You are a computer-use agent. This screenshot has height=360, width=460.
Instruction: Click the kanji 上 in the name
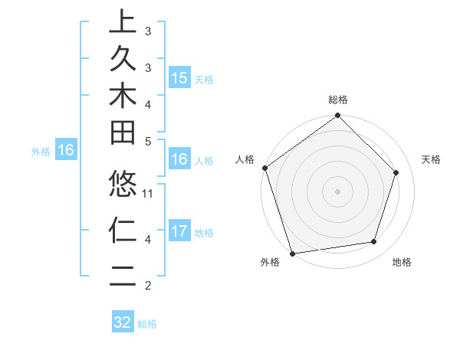coord(123,23)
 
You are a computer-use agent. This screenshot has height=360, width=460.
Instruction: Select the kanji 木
coord(123,96)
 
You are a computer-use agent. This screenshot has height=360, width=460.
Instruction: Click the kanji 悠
coord(123,185)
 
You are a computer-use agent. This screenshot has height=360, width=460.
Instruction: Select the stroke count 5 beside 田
coord(148,141)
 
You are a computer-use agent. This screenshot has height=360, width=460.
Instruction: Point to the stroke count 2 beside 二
coord(148,286)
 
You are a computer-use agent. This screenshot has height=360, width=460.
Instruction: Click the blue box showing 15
coord(179,78)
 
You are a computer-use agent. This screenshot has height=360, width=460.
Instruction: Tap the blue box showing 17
coord(179,231)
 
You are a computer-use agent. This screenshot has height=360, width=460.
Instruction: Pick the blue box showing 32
coord(123,322)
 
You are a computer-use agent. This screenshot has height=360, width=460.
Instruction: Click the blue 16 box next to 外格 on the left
coord(66,151)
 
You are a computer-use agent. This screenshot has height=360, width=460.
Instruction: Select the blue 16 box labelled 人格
coord(179,160)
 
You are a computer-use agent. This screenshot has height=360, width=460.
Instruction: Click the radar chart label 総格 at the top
coord(338,100)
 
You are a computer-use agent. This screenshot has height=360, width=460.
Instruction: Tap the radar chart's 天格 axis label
coord(431,159)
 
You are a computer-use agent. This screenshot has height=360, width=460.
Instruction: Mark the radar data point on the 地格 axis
coord(374,242)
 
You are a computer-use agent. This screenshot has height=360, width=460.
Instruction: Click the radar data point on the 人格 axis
coord(264,168)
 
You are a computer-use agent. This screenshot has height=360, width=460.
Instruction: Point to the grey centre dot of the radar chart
coord(337,191)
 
